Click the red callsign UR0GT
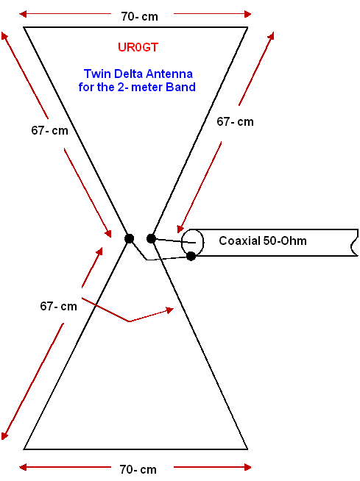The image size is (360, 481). click(138, 47)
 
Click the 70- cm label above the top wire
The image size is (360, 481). click(139, 16)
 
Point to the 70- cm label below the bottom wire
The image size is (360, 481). click(138, 469)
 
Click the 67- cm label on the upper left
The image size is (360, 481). click(49, 130)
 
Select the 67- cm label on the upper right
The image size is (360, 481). click(235, 122)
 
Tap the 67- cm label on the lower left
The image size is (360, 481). click(58, 306)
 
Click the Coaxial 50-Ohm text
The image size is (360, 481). click(263, 240)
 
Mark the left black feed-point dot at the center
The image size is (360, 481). click(130, 238)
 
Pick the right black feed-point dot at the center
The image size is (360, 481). click(151, 238)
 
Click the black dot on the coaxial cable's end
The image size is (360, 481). click(191, 256)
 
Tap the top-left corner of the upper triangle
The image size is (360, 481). click(24, 27)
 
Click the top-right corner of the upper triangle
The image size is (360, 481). click(247, 27)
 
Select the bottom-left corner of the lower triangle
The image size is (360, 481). click(24, 449)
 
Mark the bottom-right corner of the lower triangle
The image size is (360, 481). click(247, 449)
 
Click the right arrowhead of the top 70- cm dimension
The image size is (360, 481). click(248, 14)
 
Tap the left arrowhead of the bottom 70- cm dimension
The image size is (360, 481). click(23, 467)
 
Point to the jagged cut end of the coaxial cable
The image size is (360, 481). click(354, 243)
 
